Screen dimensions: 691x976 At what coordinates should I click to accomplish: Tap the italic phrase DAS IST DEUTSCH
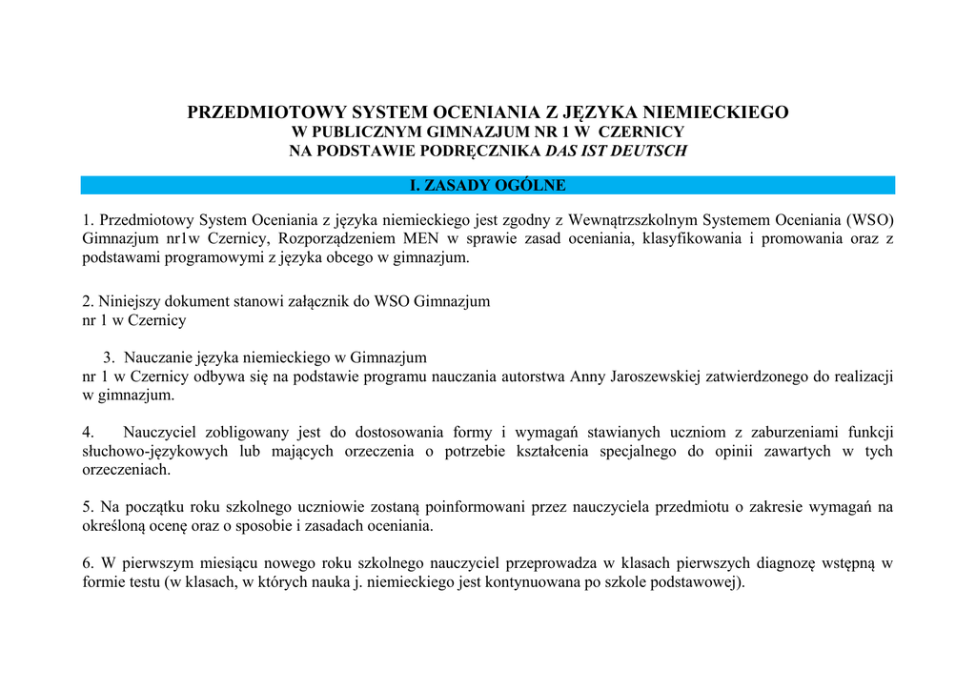[615, 151]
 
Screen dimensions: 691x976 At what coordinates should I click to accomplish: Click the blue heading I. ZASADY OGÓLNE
[487, 185]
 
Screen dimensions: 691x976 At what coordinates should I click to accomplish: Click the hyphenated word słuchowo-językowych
[155, 451]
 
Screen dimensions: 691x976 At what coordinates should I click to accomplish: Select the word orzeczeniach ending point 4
[126, 470]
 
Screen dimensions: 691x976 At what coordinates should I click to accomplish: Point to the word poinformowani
[468, 507]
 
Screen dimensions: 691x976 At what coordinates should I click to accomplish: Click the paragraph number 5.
[88, 507]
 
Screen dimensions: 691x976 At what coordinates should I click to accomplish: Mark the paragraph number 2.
[88, 301]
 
